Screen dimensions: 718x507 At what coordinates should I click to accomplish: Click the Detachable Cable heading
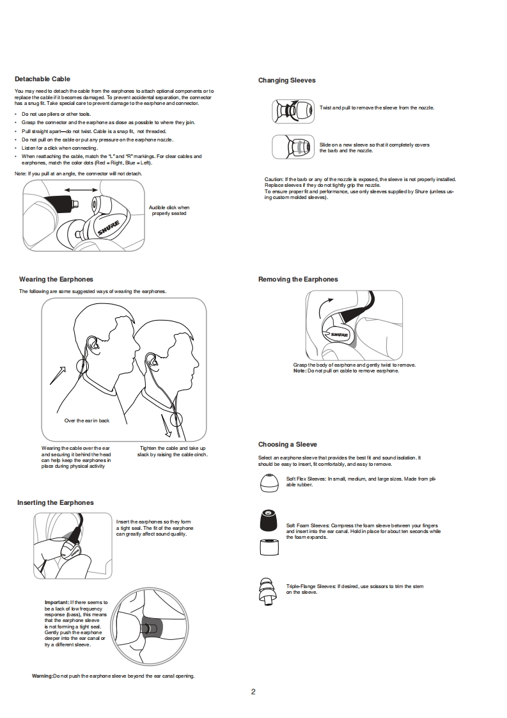point(42,79)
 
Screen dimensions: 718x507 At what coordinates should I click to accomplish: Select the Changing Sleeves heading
point(286,80)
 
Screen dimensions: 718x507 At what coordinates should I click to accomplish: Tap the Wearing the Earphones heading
point(56,279)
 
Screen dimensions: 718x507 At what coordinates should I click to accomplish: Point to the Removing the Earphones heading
point(298,279)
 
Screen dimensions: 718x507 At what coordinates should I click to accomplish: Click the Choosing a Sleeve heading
point(287,444)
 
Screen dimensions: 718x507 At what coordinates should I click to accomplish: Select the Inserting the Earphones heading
point(55,502)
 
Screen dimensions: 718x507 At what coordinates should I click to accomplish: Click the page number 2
point(253,691)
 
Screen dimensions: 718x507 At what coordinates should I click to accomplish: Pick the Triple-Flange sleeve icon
point(267,590)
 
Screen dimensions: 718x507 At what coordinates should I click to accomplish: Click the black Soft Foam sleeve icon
point(269,520)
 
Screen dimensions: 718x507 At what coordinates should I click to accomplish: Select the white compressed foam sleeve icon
point(269,547)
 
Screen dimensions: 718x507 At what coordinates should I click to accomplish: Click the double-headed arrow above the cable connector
point(81,190)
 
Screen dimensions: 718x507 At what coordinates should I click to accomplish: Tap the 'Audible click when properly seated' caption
point(169,210)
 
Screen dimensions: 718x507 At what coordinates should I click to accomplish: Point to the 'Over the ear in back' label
point(87,420)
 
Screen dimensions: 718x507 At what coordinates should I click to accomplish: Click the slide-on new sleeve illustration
point(293,147)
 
